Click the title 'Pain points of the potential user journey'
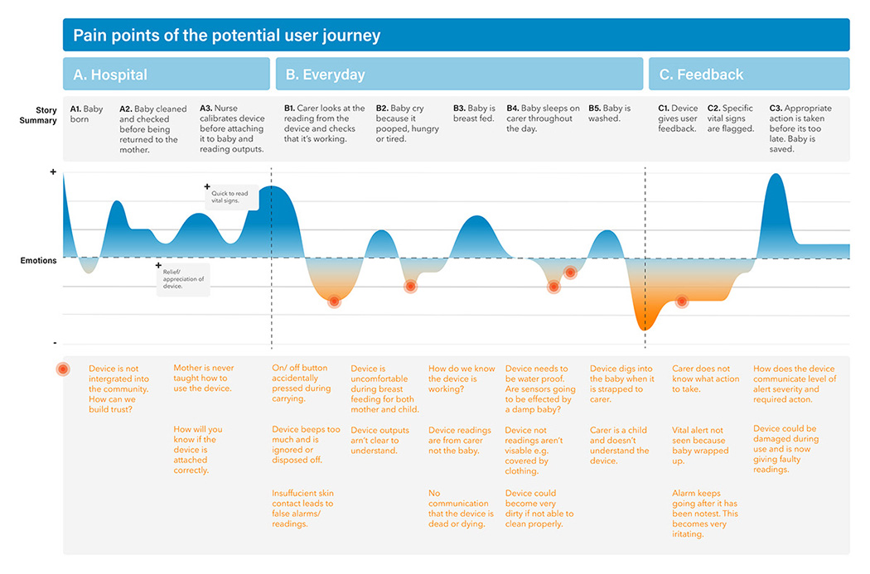pos(226,36)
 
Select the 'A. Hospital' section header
pos(110,75)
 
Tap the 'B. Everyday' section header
pos(325,75)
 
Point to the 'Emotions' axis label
pos(39,261)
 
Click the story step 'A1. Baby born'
pos(87,113)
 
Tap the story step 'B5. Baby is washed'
pos(609,113)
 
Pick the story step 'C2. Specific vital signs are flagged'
pos(731,118)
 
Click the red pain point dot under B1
pos(334,301)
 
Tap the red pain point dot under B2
pos(410,286)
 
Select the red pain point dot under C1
pos(682,301)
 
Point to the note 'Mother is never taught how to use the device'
pos(203,379)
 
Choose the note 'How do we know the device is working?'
pos(462,379)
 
